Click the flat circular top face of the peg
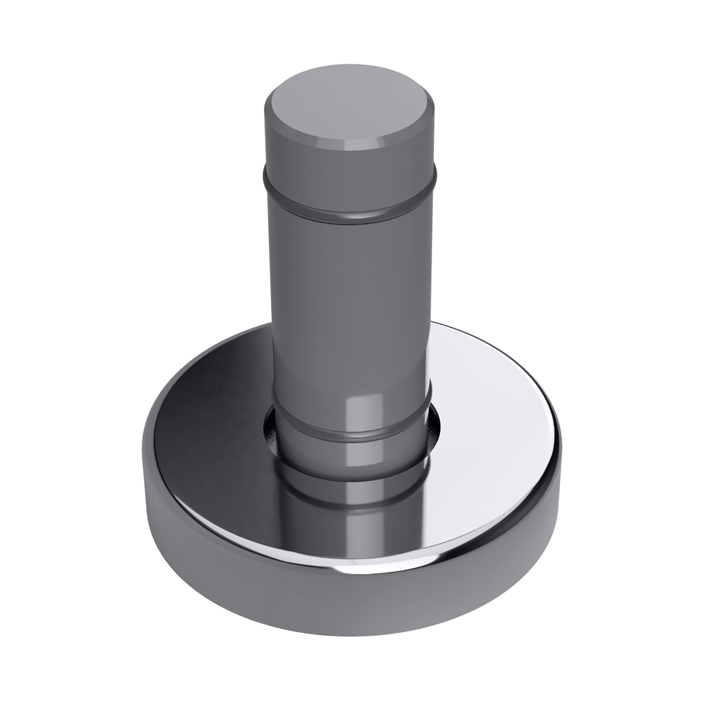(x=349, y=104)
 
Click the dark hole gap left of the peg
(x=270, y=431)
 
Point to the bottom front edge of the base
(x=352, y=633)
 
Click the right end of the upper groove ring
(x=433, y=176)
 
